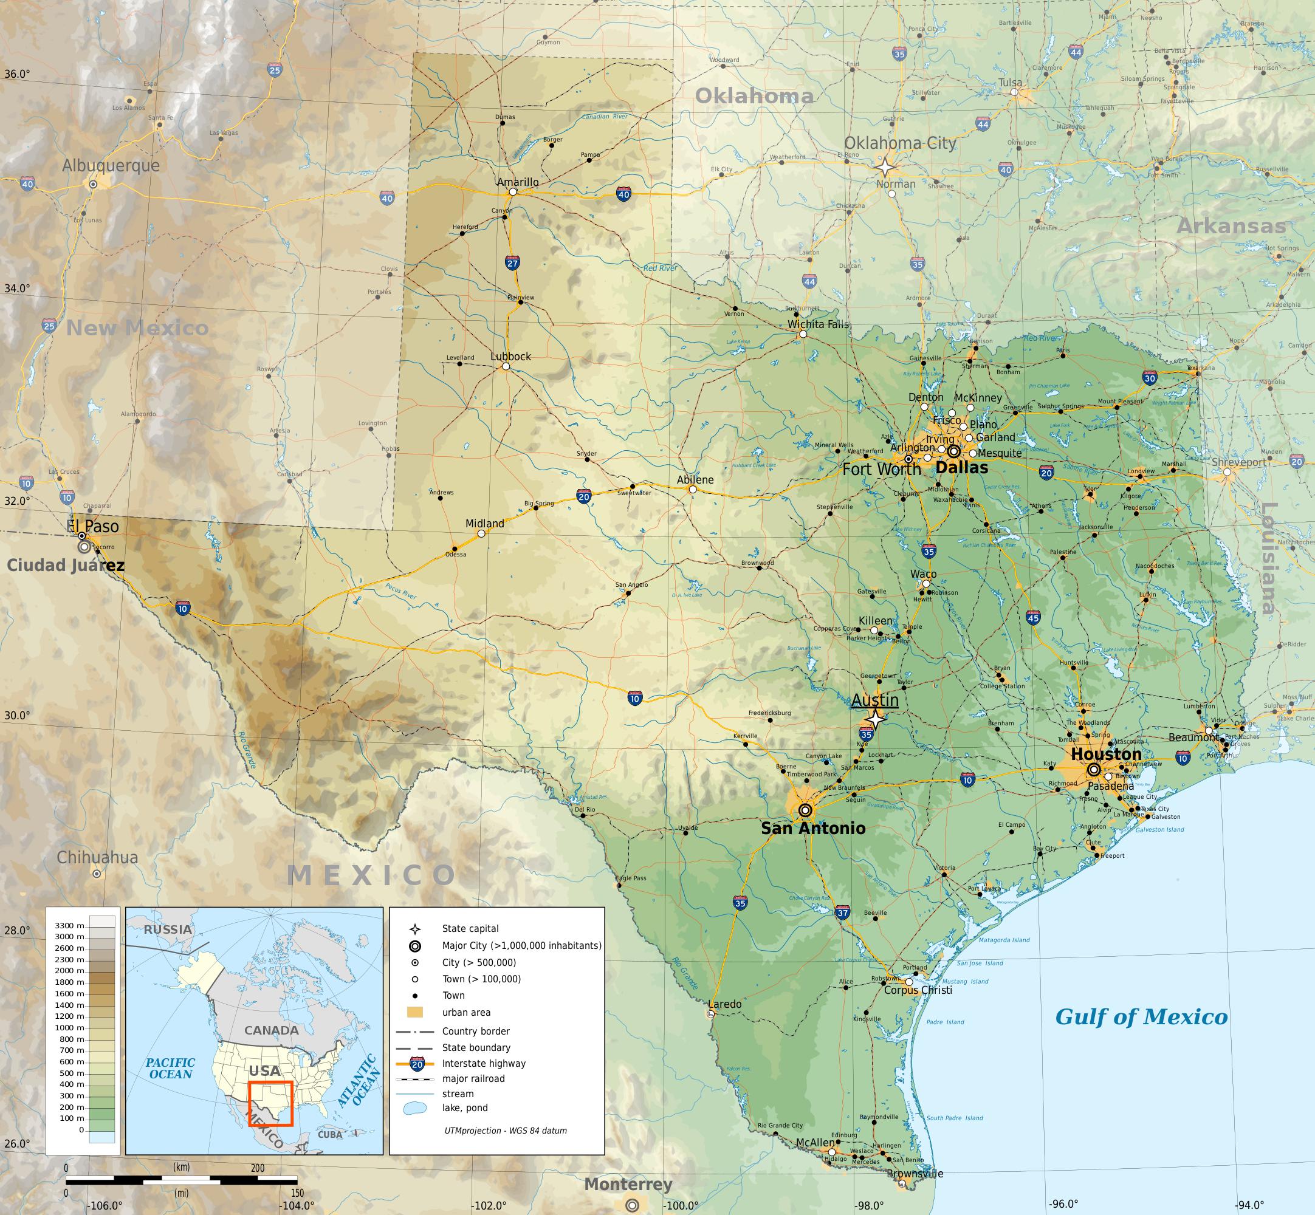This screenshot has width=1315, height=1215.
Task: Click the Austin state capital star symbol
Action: click(x=875, y=719)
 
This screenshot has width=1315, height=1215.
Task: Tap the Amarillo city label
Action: click(x=518, y=182)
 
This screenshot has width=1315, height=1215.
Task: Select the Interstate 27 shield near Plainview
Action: click(x=513, y=263)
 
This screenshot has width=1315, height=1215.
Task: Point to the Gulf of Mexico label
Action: click(x=1141, y=1017)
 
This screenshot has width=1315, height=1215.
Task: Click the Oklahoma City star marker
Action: click(x=885, y=167)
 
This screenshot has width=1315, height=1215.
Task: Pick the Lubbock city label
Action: click(x=510, y=357)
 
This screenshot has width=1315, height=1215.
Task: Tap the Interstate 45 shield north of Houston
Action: click(x=1033, y=617)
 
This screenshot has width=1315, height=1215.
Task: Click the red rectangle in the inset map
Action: click(x=270, y=1104)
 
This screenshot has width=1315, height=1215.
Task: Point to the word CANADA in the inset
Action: click(x=272, y=1030)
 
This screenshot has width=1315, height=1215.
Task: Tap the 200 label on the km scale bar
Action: click(x=257, y=1168)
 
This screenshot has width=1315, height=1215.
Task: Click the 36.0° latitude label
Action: click(x=17, y=74)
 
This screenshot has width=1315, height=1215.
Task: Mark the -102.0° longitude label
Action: click(x=489, y=1206)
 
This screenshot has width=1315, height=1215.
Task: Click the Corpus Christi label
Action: click(x=918, y=990)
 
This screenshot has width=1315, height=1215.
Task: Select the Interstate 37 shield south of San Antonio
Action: click(x=842, y=912)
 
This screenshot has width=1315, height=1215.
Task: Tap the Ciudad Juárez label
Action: click(x=65, y=566)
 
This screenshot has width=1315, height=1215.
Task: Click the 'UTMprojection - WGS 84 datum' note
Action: click(x=506, y=1130)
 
